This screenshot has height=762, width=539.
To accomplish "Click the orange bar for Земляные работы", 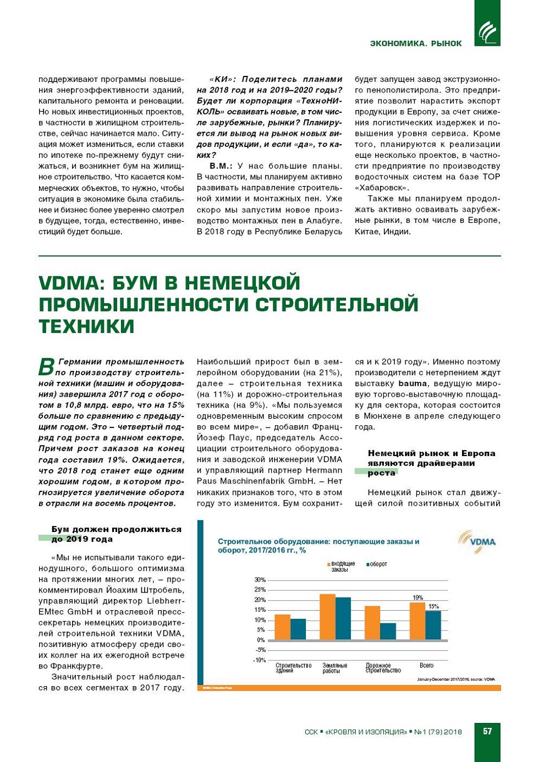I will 328,617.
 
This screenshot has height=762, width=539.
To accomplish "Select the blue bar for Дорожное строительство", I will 388,631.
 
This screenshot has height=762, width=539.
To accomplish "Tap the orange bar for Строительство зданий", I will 282,627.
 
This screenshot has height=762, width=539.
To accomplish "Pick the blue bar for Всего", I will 433,625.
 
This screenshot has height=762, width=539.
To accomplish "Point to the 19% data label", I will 417,597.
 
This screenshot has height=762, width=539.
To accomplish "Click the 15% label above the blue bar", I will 433,606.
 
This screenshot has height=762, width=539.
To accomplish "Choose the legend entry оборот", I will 378,564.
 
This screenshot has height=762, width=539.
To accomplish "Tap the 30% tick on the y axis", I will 260,580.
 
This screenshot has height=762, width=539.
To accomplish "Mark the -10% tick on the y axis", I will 259,660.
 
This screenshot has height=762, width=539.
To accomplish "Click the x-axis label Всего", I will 426,666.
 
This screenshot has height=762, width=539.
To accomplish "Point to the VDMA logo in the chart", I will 477,541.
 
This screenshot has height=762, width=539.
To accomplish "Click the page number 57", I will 487,731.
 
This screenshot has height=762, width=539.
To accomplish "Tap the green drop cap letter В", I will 47,366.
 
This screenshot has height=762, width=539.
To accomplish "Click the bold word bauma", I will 413,383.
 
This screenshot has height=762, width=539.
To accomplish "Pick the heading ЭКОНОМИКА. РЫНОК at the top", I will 416,43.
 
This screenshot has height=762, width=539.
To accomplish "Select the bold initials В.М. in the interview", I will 221,166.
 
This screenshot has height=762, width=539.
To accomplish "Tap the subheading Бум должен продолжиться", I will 116,529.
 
